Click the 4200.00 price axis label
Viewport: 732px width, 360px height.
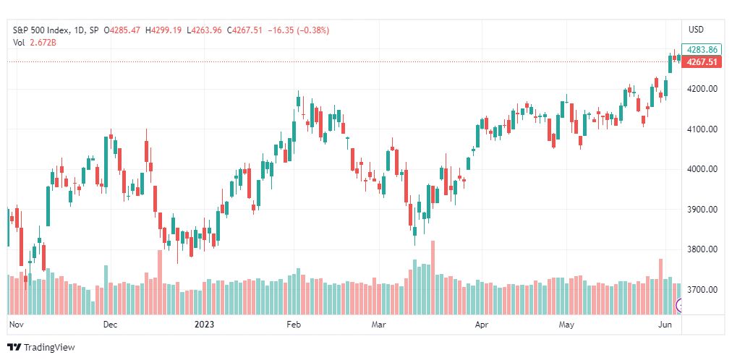(x=702, y=89)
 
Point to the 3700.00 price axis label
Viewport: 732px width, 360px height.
(x=702, y=290)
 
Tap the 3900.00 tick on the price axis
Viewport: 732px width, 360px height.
(x=702, y=210)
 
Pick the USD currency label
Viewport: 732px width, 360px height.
(x=696, y=30)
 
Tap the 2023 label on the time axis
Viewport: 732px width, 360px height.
(x=204, y=324)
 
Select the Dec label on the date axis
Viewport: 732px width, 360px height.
(x=111, y=324)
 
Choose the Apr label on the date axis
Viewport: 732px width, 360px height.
(x=481, y=324)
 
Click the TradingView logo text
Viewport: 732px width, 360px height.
(x=49, y=348)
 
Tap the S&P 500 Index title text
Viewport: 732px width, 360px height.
(x=41, y=30)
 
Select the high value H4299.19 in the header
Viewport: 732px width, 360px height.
(x=164, y=30)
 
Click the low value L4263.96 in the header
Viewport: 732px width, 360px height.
(x=204, y=30)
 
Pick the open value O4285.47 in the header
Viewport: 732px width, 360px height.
(x=123, y=30)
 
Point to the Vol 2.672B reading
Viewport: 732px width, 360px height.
(x=35, y=43)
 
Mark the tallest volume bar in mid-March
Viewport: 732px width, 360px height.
(x=433, y=278)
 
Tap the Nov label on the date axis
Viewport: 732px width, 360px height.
(x=16, y=324)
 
